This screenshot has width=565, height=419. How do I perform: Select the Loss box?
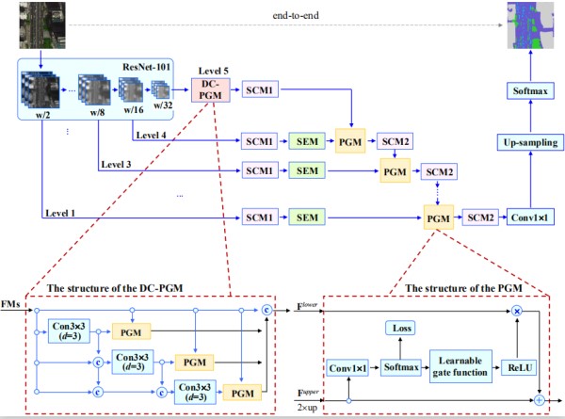click(x=400, y=327)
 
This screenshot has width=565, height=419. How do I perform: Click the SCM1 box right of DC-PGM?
click(x=260, y=89)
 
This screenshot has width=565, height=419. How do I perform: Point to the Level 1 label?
click(x=60, y=213)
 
